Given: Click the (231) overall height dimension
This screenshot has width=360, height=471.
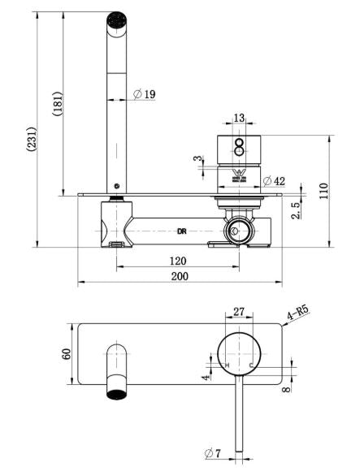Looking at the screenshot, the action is [33, 139].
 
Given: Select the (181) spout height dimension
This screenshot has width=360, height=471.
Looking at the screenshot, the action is [58, 104].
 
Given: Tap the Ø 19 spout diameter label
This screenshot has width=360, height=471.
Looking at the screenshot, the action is [145, 94].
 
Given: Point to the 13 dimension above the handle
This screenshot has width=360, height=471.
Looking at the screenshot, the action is [239, 118].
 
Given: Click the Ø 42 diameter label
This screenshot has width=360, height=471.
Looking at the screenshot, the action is [274, 181].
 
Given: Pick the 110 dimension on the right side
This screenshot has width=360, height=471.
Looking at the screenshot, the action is [324, 192].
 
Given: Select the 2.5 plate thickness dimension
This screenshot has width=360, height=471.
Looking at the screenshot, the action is [296, 210].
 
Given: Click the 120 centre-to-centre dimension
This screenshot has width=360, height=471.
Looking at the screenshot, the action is [178, 261].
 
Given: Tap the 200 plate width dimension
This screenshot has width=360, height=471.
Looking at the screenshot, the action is [180, 276].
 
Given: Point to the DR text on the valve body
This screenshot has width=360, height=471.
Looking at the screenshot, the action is [182, 231].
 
